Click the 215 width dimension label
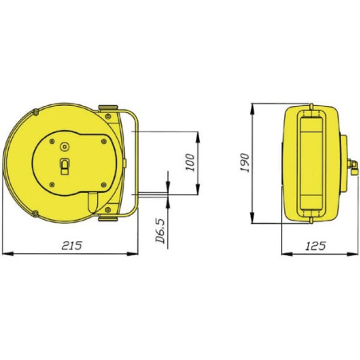pyautogui.click(x=72, y=245)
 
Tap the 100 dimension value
pyautogui.click(x=190, y=162)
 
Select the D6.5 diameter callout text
pyautogui.click(x=161, y=231)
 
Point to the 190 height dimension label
pyautogui.click(x=245, y=162)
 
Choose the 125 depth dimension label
pyautogui.click(x=315, y=246)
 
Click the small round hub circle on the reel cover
pyautogui.click(x=65, y=147)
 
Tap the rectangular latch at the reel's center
pyautogui.click(x=65, y=166)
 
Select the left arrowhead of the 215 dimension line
pyautogui.click(x=8, y=254)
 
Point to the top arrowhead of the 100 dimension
pyautogui.click(x=198, y=137)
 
